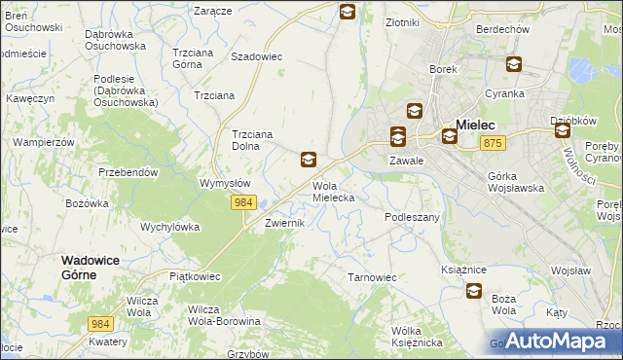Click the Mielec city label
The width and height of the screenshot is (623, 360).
pos(476,125)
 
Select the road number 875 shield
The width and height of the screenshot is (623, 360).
pos(493,143)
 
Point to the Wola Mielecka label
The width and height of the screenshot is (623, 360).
pos(333,191)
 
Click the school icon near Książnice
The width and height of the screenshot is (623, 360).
pos(474,290)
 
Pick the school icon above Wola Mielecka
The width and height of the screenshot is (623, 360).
pos(309,160)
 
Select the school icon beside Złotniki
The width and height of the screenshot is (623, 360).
pos(348,12)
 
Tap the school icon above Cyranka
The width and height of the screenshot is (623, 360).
pos(513,65)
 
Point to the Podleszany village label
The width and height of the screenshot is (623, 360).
pos(413,217)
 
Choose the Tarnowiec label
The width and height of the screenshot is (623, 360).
pos(372,277)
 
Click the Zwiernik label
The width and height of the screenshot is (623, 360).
pos(286,223)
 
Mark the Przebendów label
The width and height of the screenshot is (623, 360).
pos(128,171)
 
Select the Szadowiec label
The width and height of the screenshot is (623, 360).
pos(256,56)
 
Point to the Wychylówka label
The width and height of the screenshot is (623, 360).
pos(169,227)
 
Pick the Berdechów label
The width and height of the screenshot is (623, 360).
pos(502,29)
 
